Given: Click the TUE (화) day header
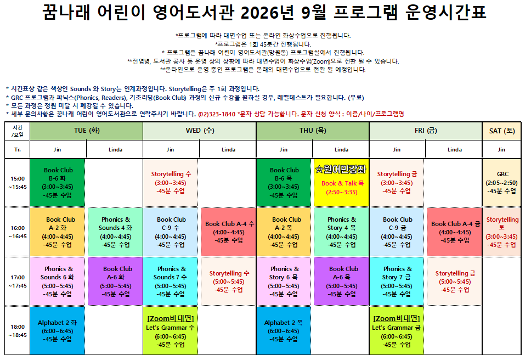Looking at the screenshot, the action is click(86, 131).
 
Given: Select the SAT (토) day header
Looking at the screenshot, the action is click(501, 131).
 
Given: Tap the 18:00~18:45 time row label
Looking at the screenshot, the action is click(18, 331).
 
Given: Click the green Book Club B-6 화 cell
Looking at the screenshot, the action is click(57, 183).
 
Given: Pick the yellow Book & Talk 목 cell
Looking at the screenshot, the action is click(341, 183).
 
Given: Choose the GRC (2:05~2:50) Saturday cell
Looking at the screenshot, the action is click(501, 183).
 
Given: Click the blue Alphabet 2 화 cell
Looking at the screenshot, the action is click(57, 331).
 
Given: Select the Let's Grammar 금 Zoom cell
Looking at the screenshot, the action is click(397, 331).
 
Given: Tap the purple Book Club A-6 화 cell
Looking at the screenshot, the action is click(115, 282).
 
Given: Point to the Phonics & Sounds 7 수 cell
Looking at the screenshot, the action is click(171, 282).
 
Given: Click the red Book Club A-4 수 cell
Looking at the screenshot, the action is click(229, 232).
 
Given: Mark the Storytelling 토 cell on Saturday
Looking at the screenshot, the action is click(501, 232).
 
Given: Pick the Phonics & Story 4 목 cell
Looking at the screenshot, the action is click(341, 232).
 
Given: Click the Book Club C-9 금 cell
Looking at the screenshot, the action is click(397, 232).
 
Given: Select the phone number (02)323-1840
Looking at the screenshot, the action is click(217, 114).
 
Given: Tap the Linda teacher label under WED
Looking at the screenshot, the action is click(229, 150).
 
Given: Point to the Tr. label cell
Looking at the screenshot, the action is click(18, 150).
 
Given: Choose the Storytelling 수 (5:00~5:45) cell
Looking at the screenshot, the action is click(229, 282).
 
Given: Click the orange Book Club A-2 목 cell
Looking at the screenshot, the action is click(284, 232).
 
